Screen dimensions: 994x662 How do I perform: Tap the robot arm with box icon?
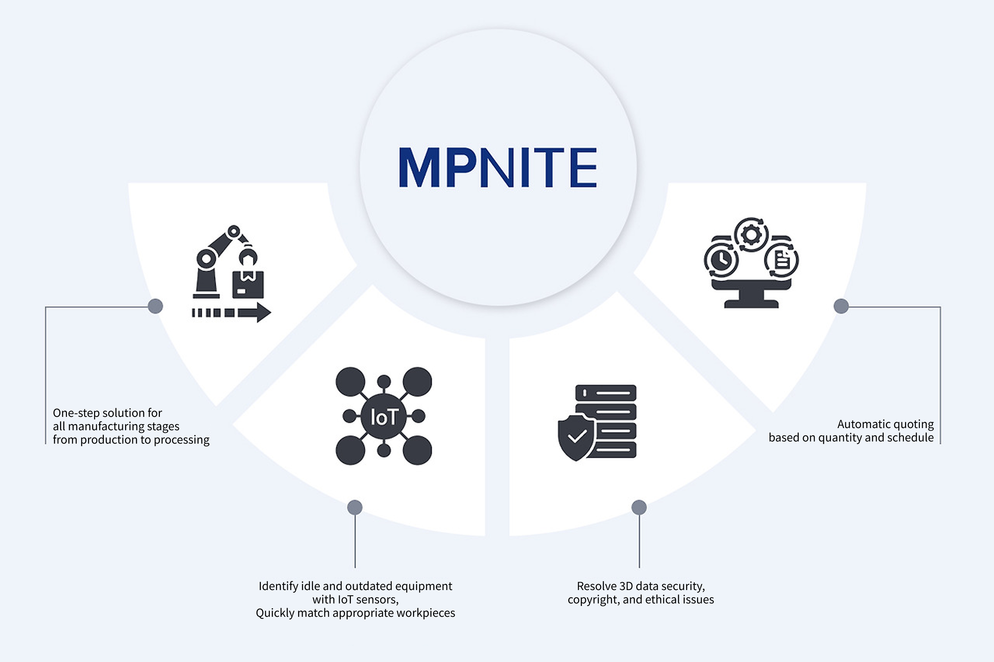pos(230,272)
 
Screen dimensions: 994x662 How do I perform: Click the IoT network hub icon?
pos(383,416)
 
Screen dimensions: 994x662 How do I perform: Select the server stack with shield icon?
pos(598,422)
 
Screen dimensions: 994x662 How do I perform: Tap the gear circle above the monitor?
pos(751,235)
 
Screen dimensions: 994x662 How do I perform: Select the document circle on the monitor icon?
pos(782,260)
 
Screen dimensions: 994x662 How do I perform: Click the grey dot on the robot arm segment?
pos(156,306)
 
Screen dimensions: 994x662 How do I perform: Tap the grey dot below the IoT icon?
pos(355,507)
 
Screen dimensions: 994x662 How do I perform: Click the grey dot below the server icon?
pos(639,507)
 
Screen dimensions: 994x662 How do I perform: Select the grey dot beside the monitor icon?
pos(841,306)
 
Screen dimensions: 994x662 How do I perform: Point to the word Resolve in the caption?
pos(596,586)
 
